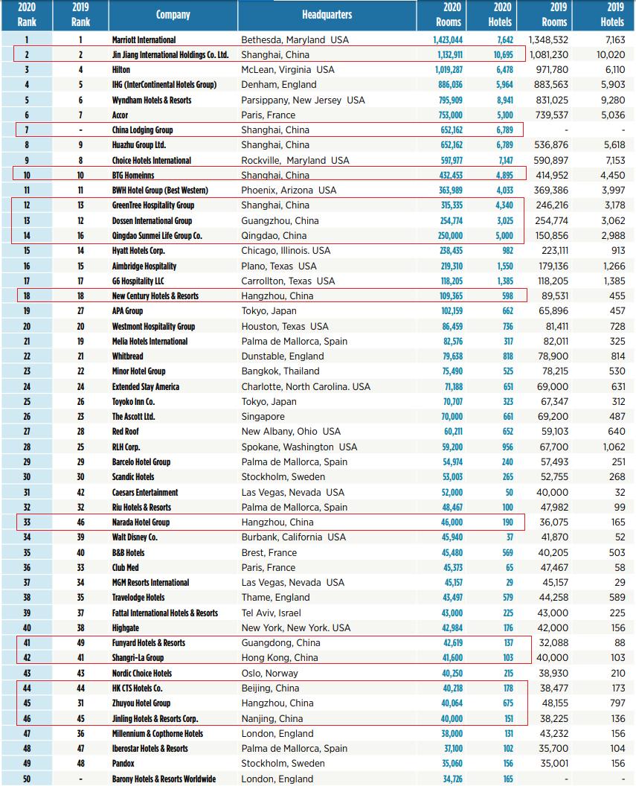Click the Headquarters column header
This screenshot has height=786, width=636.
point(327,15)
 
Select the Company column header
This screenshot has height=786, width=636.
point(173,15)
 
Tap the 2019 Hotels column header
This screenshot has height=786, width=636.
point(611,15)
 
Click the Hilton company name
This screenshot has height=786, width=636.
point(121,69)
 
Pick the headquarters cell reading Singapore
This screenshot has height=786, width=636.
point(263,417)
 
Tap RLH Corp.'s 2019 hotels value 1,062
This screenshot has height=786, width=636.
point(614,447)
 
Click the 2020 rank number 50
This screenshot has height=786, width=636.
point(27,779)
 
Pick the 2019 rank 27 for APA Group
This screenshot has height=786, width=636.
point(80,311)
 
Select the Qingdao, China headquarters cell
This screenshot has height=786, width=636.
point(274,236)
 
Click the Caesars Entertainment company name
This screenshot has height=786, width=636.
point(145,492)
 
